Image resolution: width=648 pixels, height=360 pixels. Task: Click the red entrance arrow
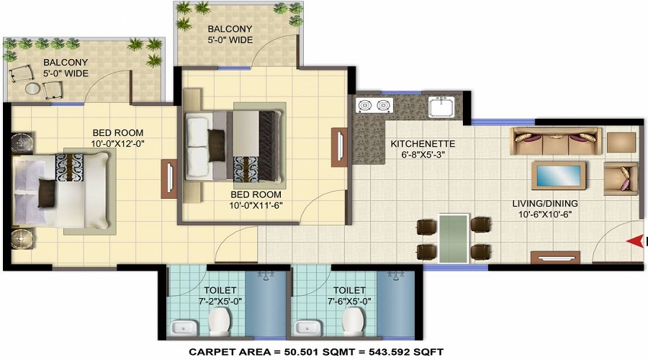coord(635,241)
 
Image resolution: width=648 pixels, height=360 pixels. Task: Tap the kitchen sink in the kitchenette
coord(441,107)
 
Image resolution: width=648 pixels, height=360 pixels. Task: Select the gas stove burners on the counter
coord(374,106)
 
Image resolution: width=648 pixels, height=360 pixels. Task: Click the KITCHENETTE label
coord(423,144)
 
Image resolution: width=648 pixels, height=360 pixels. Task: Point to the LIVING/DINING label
coord(545,203)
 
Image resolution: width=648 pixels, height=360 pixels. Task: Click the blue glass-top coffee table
coord(558,175)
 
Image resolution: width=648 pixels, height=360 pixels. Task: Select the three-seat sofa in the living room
coord(555,142)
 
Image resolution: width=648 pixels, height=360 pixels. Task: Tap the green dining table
coord(454,238)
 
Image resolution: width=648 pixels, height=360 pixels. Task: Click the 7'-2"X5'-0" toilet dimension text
coord(220,301)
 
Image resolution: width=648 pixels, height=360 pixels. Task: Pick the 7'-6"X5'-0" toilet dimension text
coord(349,301)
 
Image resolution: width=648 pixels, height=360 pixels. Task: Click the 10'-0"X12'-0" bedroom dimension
coord(118,144)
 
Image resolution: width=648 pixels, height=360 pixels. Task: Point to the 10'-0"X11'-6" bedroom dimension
coord(256,205)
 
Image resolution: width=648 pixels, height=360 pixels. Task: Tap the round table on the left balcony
coord(32,89)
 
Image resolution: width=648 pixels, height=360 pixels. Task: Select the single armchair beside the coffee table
coord(621,179)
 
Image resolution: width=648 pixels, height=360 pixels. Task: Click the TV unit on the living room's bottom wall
coord(555,258)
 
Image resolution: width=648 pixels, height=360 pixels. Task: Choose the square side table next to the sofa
coord(621,143)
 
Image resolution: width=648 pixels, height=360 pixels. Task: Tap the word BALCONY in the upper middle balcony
coord(230,29)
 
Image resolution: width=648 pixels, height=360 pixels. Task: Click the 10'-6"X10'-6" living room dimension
coord(545,215)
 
